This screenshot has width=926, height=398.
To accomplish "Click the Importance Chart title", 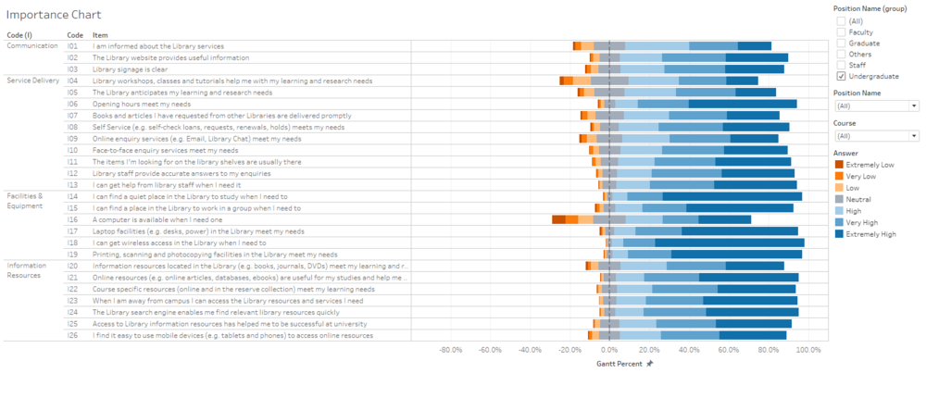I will point(53,16).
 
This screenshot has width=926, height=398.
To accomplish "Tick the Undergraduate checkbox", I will point(841,77).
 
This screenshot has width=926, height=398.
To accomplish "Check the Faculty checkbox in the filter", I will point(841,32).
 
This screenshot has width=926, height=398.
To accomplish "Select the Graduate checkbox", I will point(841,44).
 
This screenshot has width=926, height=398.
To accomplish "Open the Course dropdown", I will point(875,135).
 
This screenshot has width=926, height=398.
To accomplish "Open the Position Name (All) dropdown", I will point(875,106).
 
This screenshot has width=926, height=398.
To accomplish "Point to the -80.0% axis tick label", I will point(451,350).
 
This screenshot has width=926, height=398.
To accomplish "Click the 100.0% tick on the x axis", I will point(808,350).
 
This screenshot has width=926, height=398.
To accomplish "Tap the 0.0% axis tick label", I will point(609,350).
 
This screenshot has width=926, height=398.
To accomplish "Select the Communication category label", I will point(32,45).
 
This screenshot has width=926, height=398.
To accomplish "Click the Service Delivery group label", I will point(33,81).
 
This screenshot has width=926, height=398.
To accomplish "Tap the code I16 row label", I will point(73,219).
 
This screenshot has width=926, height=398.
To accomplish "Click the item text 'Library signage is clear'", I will point(130,68).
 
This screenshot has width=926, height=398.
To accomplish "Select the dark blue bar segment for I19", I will point(737,254).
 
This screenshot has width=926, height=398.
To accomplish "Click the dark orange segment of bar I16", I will point(558,219).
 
